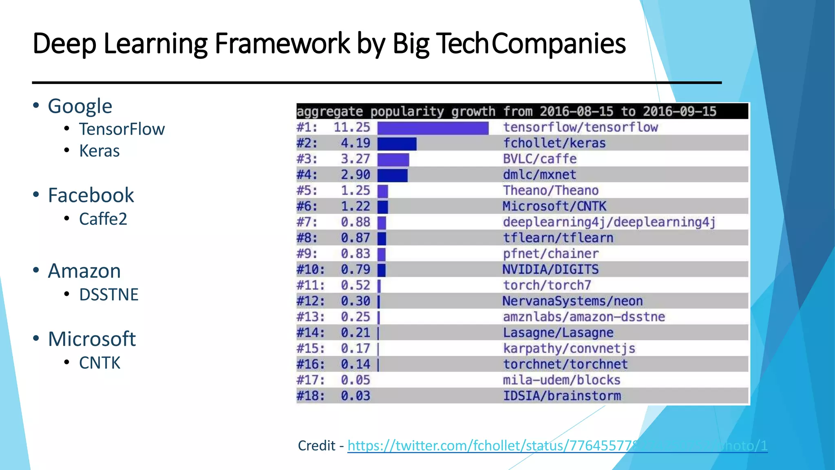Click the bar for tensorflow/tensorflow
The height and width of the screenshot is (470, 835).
click(433, 128)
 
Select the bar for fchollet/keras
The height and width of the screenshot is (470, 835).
click(397, 144)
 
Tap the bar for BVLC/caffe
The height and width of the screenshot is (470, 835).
click(393, 160)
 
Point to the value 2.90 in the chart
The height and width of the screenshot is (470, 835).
click(356, 175)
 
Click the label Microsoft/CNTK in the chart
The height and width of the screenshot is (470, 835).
click(554, 206)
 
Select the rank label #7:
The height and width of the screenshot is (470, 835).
click(307, 222)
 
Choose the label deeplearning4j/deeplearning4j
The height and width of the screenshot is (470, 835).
click(609, 222)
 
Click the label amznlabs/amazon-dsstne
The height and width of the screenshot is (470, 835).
click(583, 317)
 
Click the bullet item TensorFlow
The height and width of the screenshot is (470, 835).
click(122, 129)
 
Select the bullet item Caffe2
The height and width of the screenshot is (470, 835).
click(103, 219)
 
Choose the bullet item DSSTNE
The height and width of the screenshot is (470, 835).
click(108, 295)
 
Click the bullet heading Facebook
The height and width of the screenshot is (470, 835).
click(91, 195)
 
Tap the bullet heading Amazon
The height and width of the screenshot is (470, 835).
click(84, 271)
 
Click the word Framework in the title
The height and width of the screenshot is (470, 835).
click(282, 43)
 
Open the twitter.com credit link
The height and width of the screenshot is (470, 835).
click(557, 446)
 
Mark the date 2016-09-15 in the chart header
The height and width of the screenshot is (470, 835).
click(679, 111)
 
